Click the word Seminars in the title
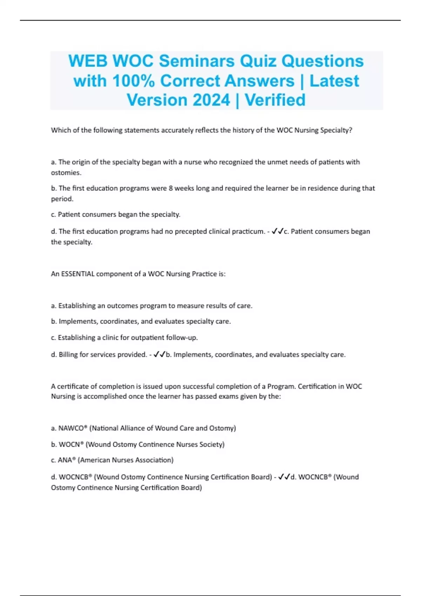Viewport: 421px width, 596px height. coord(197,61)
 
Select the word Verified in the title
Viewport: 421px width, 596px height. coord(275,100)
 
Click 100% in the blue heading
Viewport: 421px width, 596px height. coord(133,81)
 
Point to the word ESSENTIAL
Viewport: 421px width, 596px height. coord(78,274)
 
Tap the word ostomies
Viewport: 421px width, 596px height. coord(66,172)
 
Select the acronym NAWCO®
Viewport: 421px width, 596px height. coord(72,428)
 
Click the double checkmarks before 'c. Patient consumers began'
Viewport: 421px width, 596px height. coord(278,231)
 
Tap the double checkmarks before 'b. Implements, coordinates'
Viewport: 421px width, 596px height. coord(160,354)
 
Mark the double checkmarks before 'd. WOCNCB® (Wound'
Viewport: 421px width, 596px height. coord(284,477)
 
